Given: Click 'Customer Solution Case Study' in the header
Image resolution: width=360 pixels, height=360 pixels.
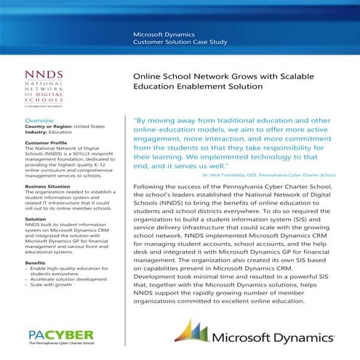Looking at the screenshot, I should pos(180,44).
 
